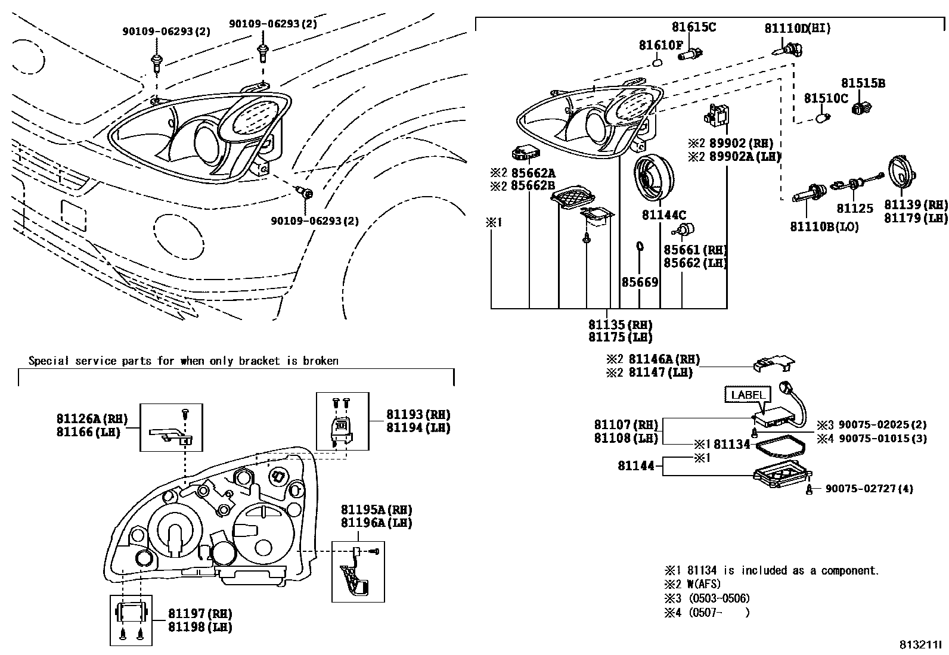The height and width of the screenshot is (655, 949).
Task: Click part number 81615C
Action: pos(694,27)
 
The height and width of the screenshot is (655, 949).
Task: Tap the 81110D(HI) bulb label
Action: pos(798,28)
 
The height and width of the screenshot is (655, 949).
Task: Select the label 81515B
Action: pos(863,83)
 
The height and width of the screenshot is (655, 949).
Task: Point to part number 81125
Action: pos(854,209)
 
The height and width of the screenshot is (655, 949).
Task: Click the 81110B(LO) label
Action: pos(824,227)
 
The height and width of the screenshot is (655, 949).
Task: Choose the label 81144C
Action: pos(664,215)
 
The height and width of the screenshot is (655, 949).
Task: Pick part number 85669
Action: pos(640,282)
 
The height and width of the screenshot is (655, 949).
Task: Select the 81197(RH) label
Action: pos(200,614)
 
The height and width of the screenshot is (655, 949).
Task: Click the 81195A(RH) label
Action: pos(376,510)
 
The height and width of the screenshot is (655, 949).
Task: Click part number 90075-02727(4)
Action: pos(869,489)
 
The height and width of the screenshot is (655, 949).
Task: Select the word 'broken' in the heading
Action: pos(321,361)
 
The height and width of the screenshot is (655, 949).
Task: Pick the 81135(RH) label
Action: pos(620,325)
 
